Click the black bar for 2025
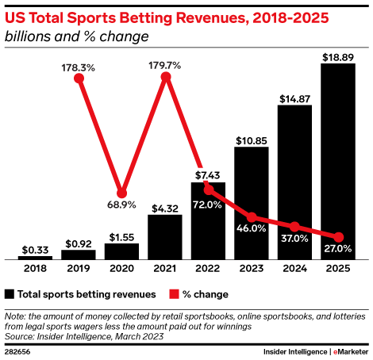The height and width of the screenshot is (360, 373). (x=338, y=162)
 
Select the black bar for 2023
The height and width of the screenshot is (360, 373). (x=252, y=204)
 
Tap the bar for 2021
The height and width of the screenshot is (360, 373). (x=165, y=237)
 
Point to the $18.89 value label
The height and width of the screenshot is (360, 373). (x=338, y=56)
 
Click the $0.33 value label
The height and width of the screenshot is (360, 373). (x=35, y=249)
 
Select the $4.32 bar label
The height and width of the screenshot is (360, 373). (x=165, y=208)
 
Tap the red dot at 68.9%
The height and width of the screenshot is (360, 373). (x=121, y=193)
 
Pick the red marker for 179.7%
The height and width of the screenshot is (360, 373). (x=165, y=77)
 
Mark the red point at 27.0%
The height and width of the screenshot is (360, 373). (x=338, y=237)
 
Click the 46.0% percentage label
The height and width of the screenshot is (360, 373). (x=252, y=228)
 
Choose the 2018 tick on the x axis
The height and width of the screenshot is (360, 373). (x=35, y=269)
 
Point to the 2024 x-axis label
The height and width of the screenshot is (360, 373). (x=294, y=269)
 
